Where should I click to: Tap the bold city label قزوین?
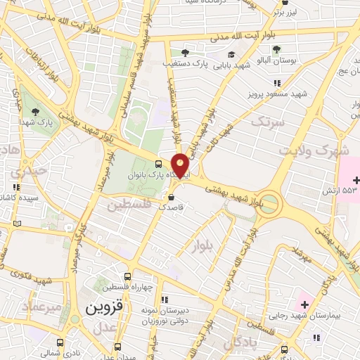pos(105,307)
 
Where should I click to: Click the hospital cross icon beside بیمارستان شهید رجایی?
pos(304,304)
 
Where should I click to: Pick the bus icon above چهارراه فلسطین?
pos(127,276)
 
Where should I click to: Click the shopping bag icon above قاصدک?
pos(172,196)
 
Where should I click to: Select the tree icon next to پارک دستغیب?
pos(185,53)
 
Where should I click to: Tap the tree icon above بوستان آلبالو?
pos(276,49)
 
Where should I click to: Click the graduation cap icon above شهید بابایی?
pos(231,54)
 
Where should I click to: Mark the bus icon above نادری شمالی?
pos(60,342)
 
